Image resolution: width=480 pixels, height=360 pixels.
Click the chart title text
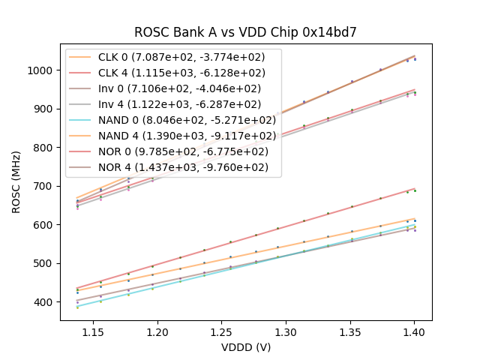pyautogui.click(x=245, y=32)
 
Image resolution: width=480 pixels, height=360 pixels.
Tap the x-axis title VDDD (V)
pyautogui.click(x=245, y=347)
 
